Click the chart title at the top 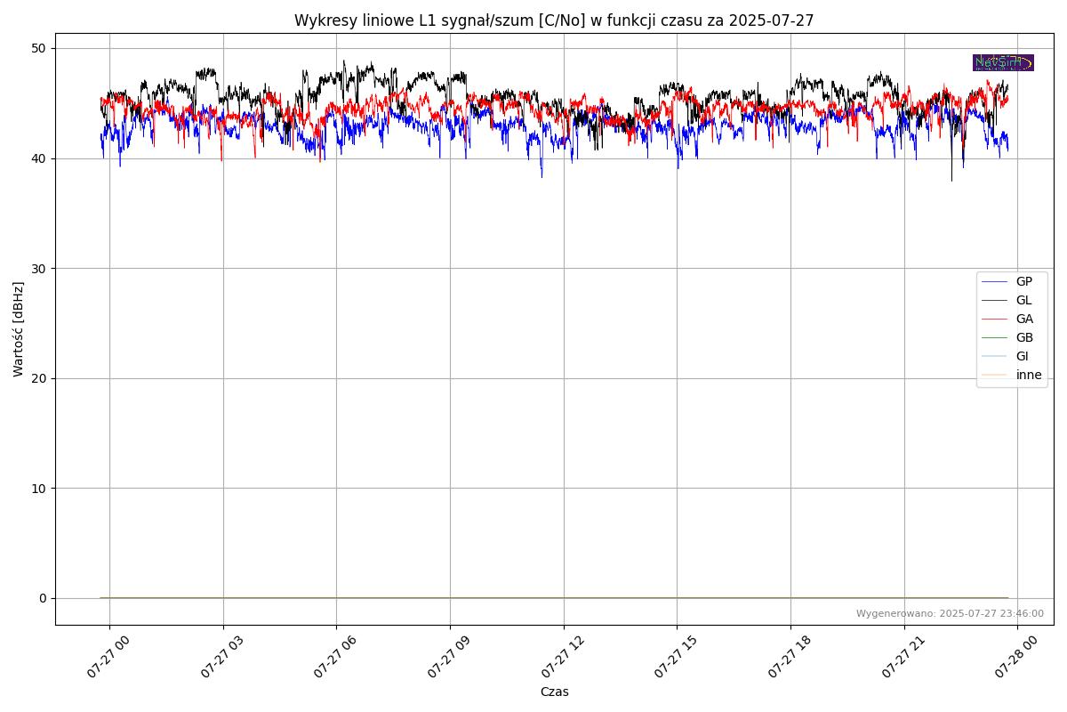coord(554,20)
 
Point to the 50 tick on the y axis coord(41,48)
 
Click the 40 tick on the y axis coord(41,158)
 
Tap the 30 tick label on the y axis coord(41,268)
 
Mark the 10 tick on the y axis coord(41,488)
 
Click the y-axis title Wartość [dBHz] coord(19,329)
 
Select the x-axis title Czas coord(554,692)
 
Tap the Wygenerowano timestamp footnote coord(950,613)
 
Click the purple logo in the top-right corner coord(1003,62)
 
